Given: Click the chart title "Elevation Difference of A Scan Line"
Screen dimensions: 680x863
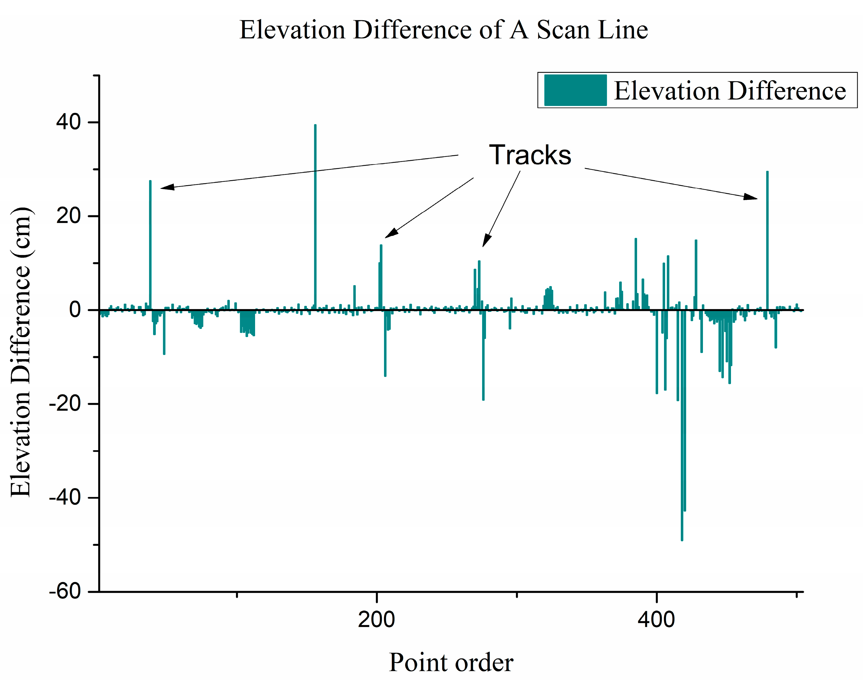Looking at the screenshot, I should [443, 30].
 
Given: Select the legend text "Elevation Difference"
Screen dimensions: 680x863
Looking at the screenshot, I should [730, 91].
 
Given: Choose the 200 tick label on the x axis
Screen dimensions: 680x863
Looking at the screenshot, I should [376, 620].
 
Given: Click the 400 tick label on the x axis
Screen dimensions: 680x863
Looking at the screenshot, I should [656, 620].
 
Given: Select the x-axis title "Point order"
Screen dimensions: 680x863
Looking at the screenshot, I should [451, 662].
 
